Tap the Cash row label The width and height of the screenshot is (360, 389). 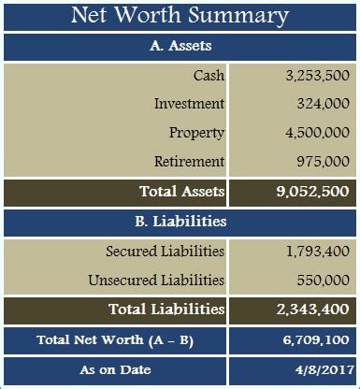(209, 75)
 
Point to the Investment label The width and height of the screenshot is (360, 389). (189, 104)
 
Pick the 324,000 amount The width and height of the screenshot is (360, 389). (324, 104)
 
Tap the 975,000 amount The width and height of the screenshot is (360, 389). (324, 161)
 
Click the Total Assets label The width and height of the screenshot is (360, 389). (181, 192)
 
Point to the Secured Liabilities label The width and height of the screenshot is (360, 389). (165, 251)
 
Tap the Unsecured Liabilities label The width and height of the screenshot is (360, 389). (156, 280)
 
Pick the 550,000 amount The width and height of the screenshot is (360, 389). (324, 280)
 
